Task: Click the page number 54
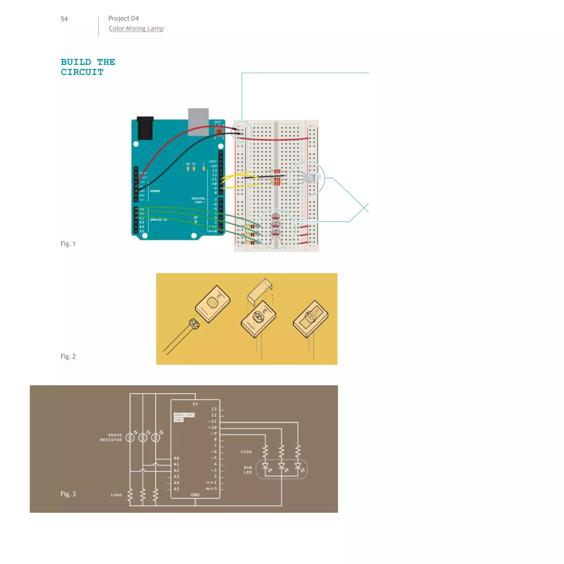pos(64,19)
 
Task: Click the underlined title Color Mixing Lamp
pos(136,29)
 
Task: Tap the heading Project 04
pos(123,18)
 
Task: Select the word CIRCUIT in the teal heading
pos(82,72)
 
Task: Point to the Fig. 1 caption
pos(68,244)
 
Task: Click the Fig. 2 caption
pos(68,356)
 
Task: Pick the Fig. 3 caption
pos(68,494)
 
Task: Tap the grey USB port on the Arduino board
pos(198,121)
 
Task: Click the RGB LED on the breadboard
pos(313,177)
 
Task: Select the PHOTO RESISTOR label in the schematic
pos(111,437)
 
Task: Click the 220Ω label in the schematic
pos(246,452)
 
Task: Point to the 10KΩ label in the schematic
pos(116,495)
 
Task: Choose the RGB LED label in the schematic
pos(248,470)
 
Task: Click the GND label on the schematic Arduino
pos(195,495)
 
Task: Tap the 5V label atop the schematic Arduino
pos(195,404)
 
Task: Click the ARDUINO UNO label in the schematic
pos(184,417)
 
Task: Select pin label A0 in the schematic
pos(176,458)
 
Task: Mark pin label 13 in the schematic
pos(214,409)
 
